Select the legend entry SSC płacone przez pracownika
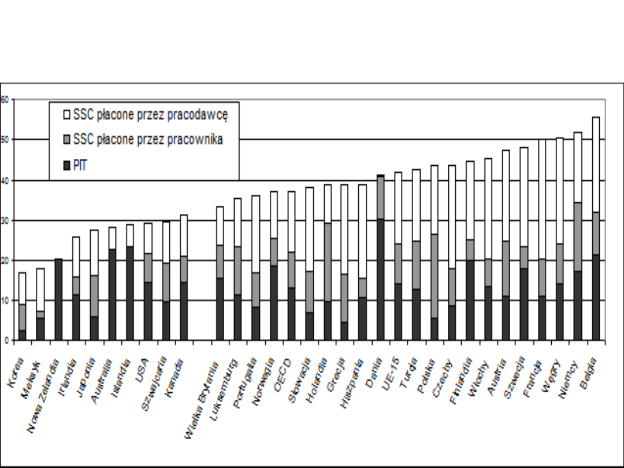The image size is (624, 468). (x=148, y=139)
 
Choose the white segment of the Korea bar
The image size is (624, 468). (x=22, y=288)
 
